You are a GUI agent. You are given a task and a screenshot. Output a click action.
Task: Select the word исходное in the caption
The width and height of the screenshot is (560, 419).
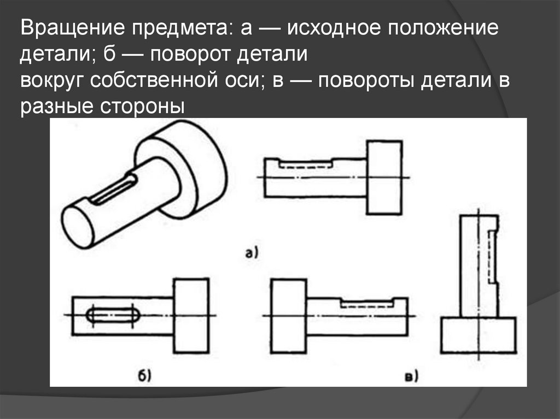point(337,28)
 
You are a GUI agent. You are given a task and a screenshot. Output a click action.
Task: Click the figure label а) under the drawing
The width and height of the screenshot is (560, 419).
point(252,252)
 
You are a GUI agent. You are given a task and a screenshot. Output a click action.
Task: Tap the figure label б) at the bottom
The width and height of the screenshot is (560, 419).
point(144,375)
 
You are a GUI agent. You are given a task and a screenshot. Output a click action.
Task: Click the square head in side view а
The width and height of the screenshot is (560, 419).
point(384,178)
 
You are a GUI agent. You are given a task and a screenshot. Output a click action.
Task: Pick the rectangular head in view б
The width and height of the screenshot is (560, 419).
point(191,315)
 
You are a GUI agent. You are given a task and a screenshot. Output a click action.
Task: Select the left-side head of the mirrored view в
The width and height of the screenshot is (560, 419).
point(289,315)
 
